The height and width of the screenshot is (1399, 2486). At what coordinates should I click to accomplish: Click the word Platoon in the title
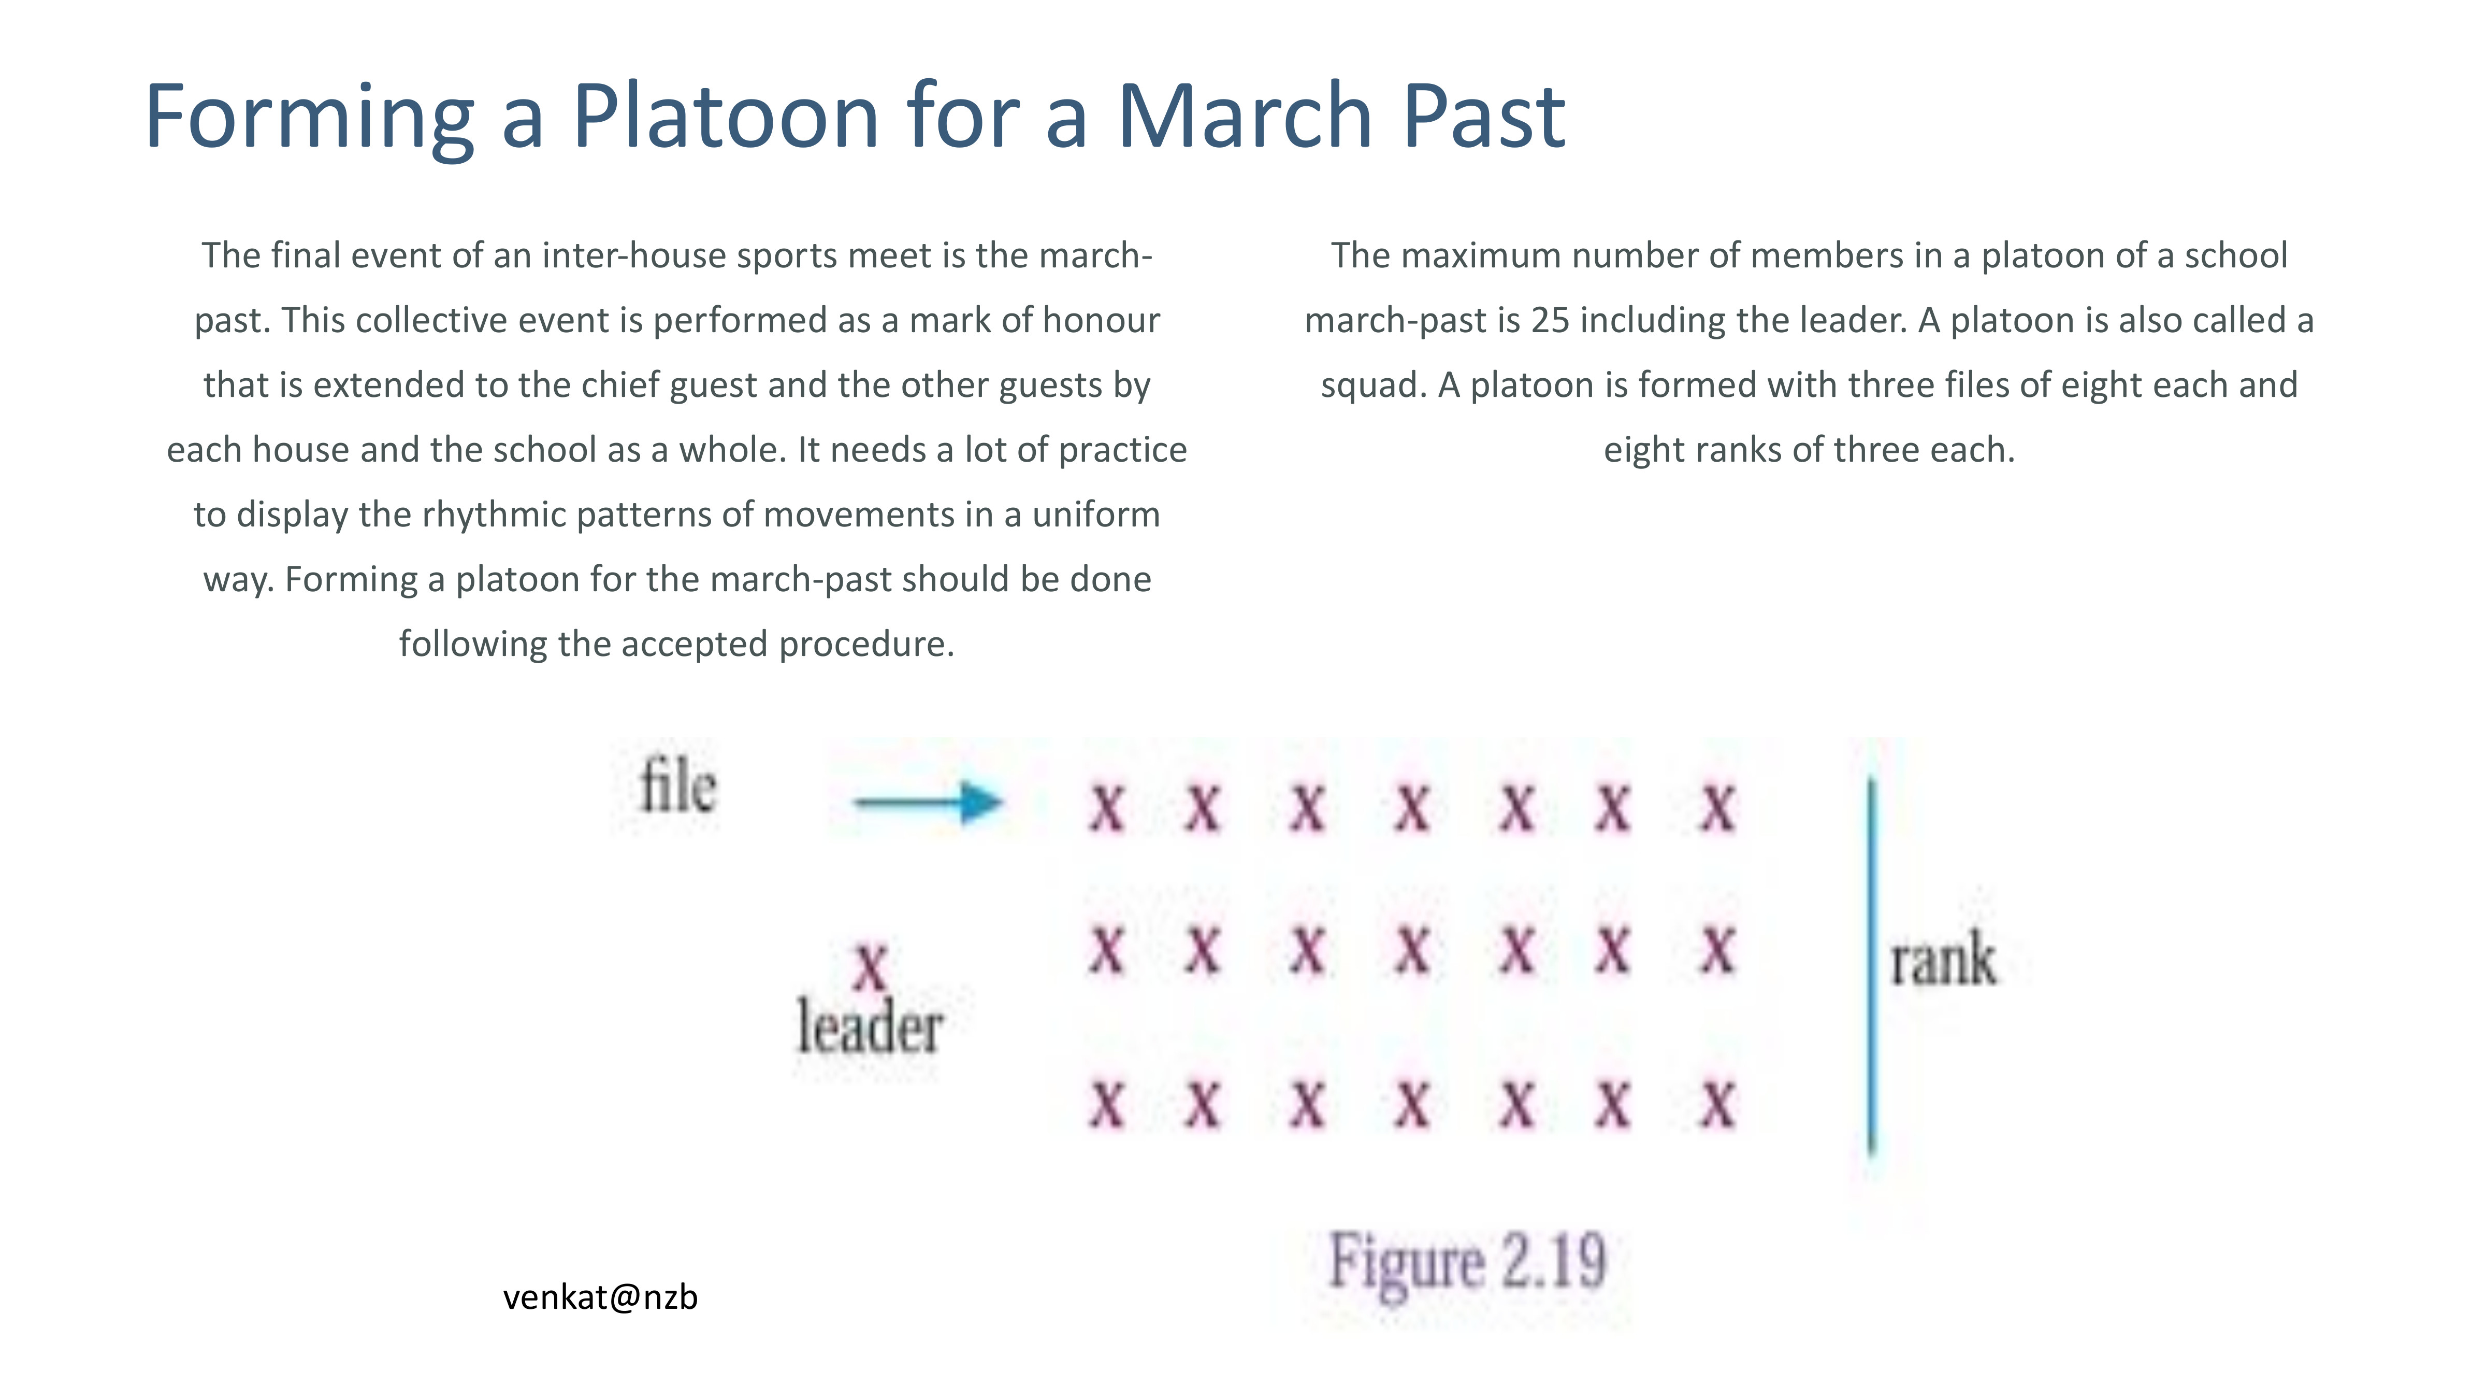pos(725,116)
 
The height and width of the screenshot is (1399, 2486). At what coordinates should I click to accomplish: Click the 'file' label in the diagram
pos(678,786)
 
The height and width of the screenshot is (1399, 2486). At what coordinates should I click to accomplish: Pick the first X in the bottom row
pos(1107,1105)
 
